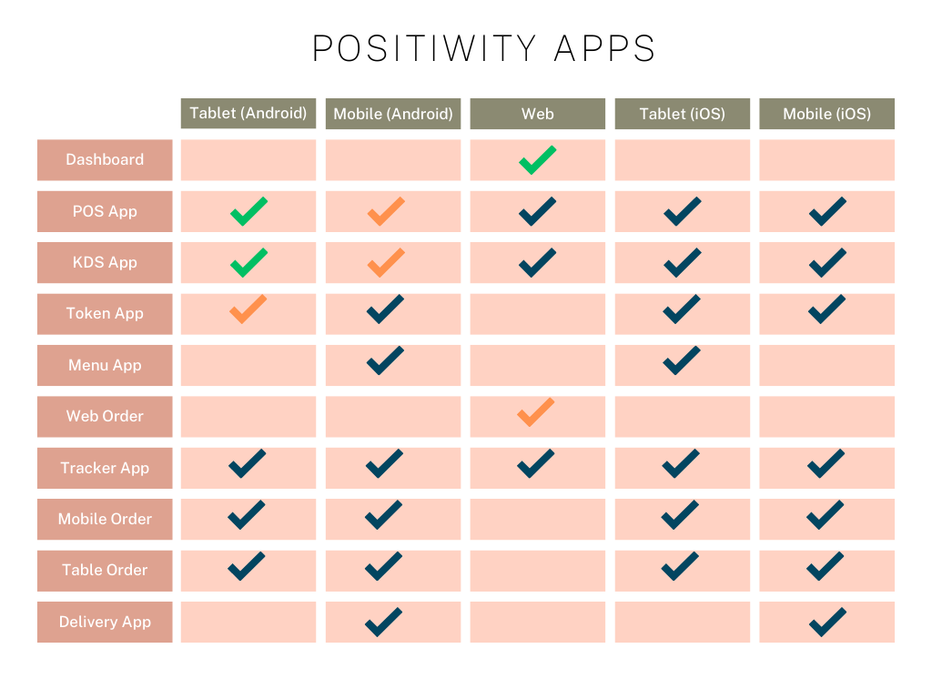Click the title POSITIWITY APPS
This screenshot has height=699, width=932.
[x=484, y=48]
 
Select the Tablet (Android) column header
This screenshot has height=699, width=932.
[x=248, y=114]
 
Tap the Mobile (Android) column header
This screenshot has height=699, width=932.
[x=393, y=114]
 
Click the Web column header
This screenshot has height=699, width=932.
[x=537, y=114]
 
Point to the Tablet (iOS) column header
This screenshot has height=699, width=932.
[x=683, y=114]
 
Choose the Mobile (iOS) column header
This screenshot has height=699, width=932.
[x=826, y=114]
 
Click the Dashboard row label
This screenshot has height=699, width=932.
[x=105, y=160]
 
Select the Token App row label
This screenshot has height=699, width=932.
[x=105, y=314]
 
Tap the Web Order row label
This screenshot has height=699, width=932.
[x=105, y=417]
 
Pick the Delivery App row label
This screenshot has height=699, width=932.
[x=105, y=622]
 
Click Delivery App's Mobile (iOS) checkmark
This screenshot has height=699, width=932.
[x=826, y=623]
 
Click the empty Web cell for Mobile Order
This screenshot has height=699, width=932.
[x=537, y=520]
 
